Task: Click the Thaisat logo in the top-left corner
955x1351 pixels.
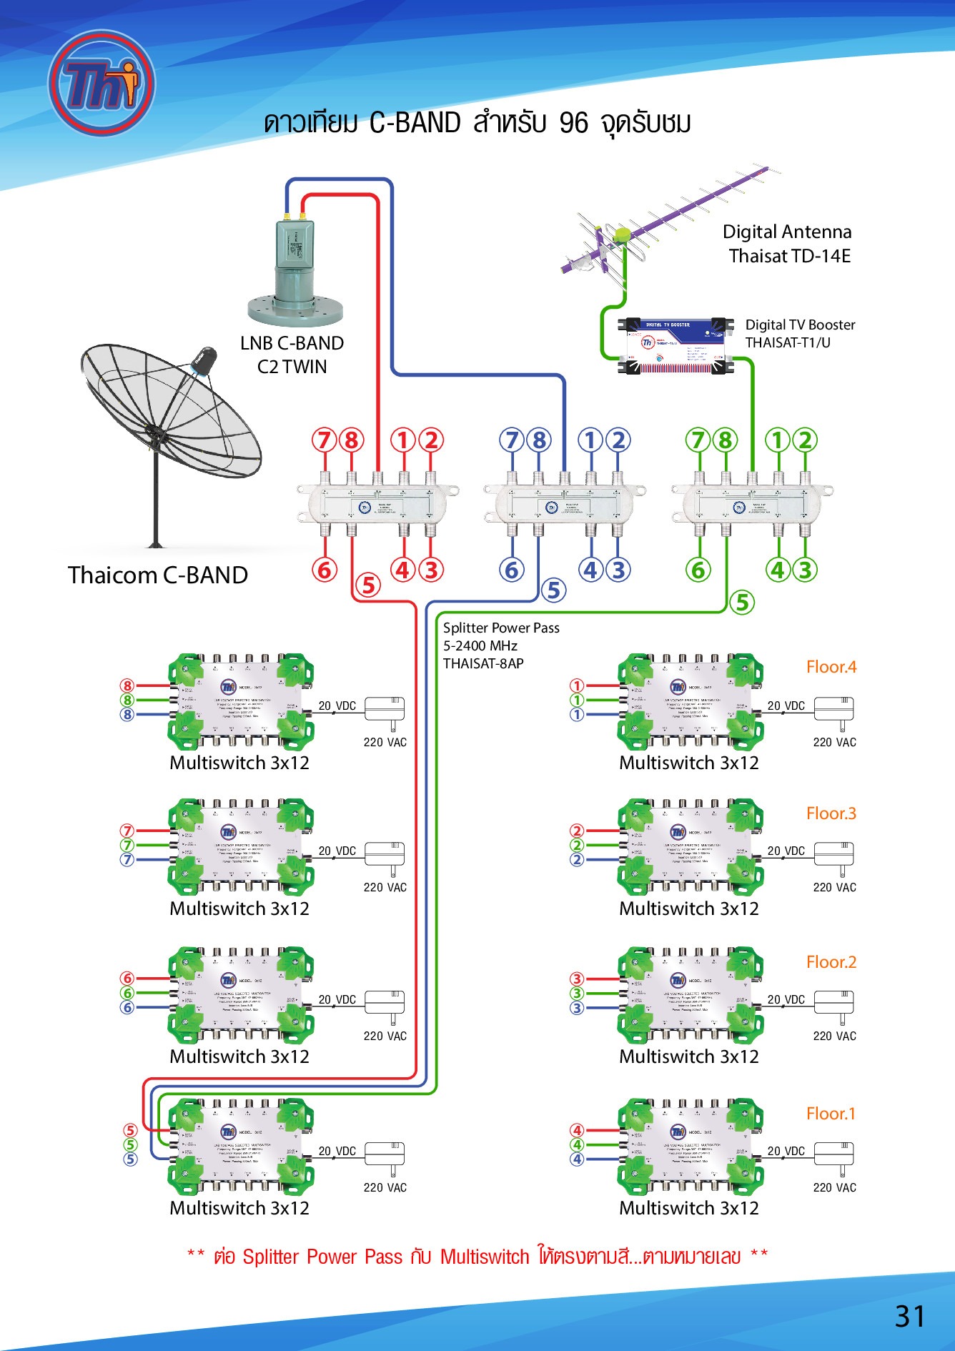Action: click(102, 83)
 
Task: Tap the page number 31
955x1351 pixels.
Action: click(909, 1316)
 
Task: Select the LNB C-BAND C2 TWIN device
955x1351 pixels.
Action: click(295, 272)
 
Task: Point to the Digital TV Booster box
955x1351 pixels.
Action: click(676, 345)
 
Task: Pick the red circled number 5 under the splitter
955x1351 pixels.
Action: click(368, 585)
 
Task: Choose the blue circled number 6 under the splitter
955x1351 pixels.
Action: click(511, 570)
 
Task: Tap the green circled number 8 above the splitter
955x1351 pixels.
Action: click(726, 440)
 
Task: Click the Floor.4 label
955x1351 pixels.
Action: click(831, 667)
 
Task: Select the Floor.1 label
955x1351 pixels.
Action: click(831, 1114)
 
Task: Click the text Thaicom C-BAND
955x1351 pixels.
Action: click(158, 575)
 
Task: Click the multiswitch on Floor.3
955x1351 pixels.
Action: click(691, 846)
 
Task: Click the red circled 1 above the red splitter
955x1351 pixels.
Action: click(403, 440)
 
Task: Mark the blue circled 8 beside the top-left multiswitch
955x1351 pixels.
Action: click(127, 714)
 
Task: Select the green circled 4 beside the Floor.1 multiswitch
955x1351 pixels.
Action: click(577, 1144)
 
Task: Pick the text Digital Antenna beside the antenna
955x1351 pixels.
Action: click(787, 232)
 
